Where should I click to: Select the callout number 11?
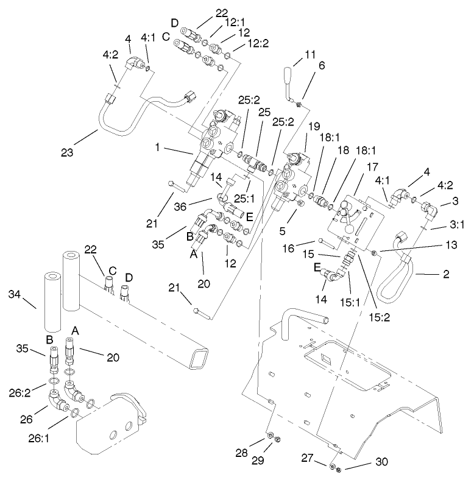[311, 55]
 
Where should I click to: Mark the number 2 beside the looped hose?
[447, 275]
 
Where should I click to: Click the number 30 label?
[382, 463]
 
